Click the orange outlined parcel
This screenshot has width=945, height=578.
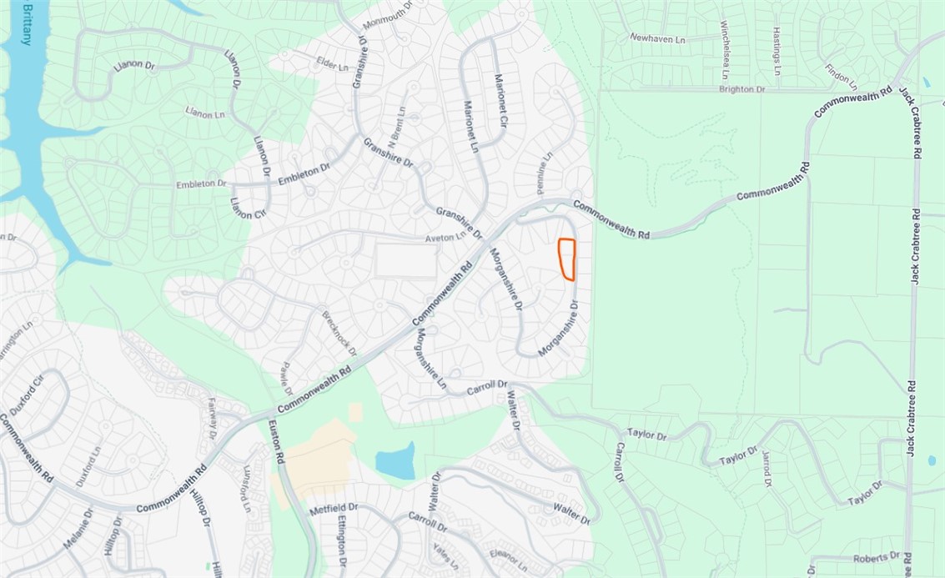pos(567,259)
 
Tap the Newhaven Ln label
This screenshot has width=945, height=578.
pos(656,38)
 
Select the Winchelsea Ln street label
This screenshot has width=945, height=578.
pos(725,48)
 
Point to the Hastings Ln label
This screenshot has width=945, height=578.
pos(776,51)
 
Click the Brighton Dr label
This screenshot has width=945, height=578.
pos(741,88)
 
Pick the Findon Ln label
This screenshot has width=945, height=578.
pos(841,77)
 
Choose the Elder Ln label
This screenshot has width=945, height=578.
pos(331,63)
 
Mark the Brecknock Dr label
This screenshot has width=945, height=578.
pos(339,334)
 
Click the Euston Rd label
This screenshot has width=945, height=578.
pos(277,443)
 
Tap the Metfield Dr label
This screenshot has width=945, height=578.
pos(334,508)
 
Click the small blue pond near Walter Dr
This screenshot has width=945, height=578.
pos(395,460)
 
